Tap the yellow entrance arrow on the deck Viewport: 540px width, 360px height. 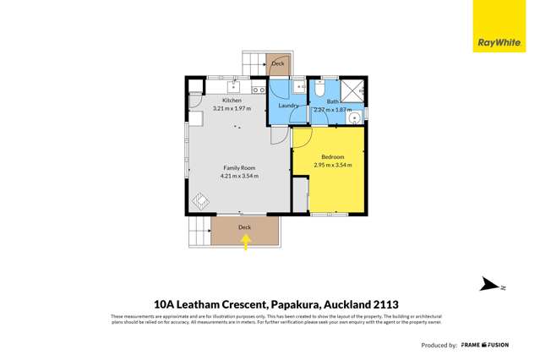pyautogui.click(x=246, y=243)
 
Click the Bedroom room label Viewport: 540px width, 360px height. pyautogui.click(x=333, y=157)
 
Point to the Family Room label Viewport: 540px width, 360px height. pyautogui.click(x=238, y=168)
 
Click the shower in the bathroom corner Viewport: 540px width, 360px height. pyautogui.click(x=353, y=89)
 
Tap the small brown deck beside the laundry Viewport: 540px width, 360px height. pyautogui.click(x=278, y=63)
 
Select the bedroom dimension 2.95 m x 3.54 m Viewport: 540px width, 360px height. pyautogui.click(x=333, y=166)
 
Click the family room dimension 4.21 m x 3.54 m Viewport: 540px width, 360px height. pyautogui.click(x=239, y=177)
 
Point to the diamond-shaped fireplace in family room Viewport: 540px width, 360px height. pyautogui.click(x=200, y=201)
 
